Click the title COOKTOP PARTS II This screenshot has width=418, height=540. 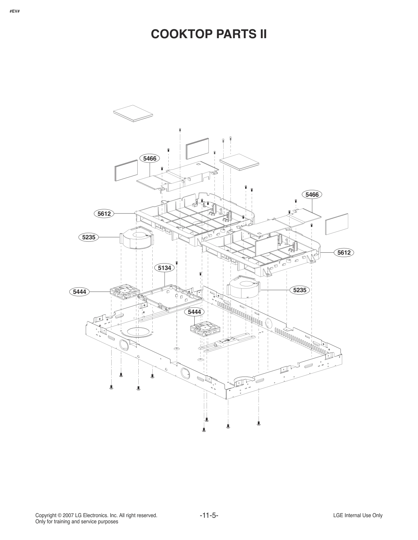(x=209, y=34)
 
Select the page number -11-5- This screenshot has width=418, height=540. (x=209, y=515)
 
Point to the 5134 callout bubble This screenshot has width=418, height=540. (x=165, y=268)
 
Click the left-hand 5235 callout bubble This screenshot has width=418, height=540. (x=88, y=237)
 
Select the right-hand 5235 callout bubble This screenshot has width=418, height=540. (x=299, y=290)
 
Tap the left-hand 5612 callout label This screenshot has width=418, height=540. (x=104, y=214)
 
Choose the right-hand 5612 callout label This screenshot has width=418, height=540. (x=344, y=253)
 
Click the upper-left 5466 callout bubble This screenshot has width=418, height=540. (x=150, y=158)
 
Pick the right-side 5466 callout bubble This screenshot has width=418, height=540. (x=312, y=195)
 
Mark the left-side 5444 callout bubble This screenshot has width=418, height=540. (x=79, y=291)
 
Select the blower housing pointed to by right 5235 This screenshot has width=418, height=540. (x=243, y=286)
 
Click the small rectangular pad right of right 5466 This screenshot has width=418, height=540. (x=337, y=224)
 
